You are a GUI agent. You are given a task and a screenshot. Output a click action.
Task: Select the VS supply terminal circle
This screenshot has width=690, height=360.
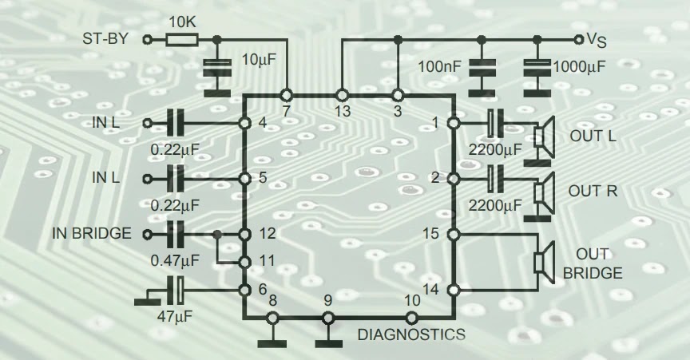pos(579,38)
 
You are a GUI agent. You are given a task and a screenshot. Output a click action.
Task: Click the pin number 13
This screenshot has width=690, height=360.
pos(343,112)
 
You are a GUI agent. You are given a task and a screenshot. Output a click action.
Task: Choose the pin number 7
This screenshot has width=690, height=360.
pos(285,112)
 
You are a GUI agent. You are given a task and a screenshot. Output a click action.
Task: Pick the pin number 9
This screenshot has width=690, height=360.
pos(327,301)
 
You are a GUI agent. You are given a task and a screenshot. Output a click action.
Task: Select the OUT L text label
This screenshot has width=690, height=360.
pos(593,136)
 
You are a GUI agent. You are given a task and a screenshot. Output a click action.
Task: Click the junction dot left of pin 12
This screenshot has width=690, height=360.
pos(217,234)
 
